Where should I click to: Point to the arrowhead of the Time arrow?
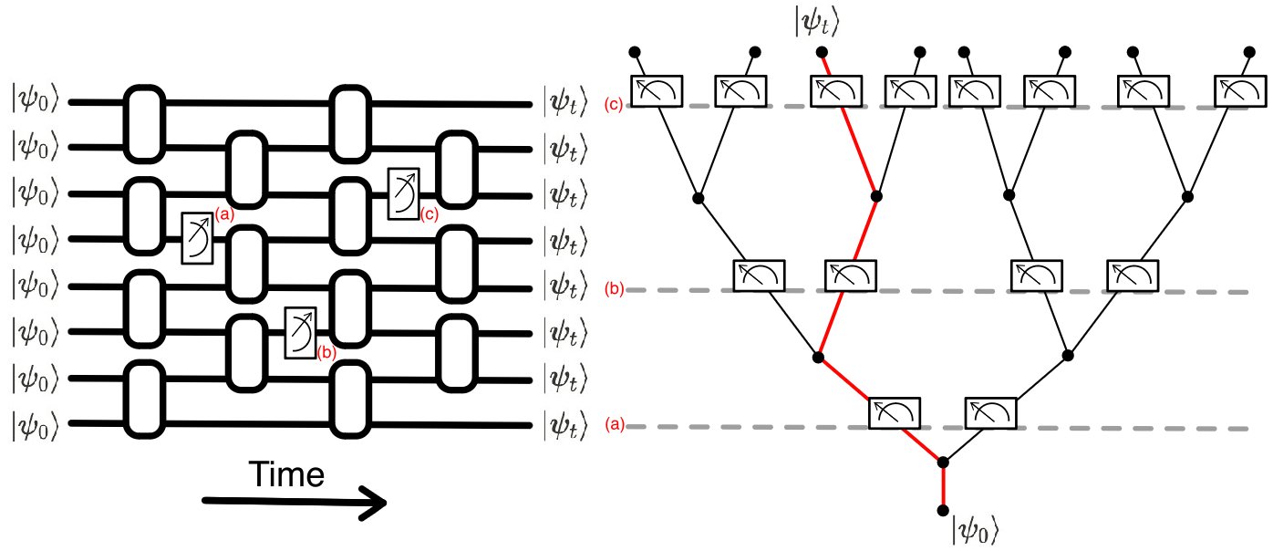(376, 503)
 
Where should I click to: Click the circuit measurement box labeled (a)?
(197, 239)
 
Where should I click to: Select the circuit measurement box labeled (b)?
(300, 332)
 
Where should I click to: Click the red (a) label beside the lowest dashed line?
(616, 426)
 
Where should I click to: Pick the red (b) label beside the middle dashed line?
(615, 290)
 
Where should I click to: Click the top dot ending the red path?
(823, 52)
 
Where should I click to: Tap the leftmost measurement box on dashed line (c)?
(657, 90)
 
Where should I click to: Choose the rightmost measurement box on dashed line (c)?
(1240, 90)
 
